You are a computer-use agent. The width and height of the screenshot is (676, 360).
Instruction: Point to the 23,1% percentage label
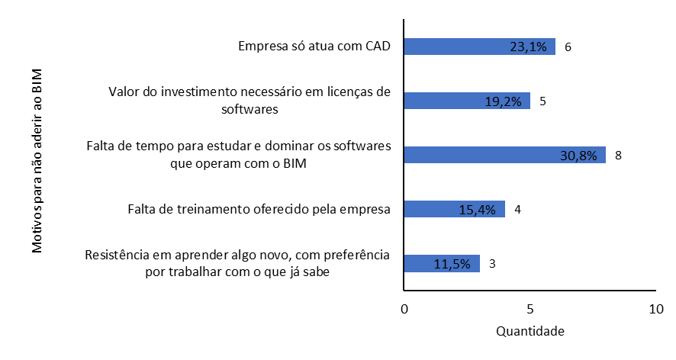tap(528, 47)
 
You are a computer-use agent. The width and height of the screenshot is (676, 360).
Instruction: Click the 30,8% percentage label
tap(578, 155)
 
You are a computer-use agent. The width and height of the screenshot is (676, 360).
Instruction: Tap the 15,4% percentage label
tap(478, 209)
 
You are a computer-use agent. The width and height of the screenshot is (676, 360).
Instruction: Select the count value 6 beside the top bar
tap(568, 47)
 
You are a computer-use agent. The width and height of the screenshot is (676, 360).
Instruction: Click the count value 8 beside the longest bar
tap(619, 155)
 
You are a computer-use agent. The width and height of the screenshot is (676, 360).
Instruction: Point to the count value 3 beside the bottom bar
tap(493, 263)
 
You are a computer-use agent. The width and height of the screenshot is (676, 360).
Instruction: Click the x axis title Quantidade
tap(530, 333)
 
